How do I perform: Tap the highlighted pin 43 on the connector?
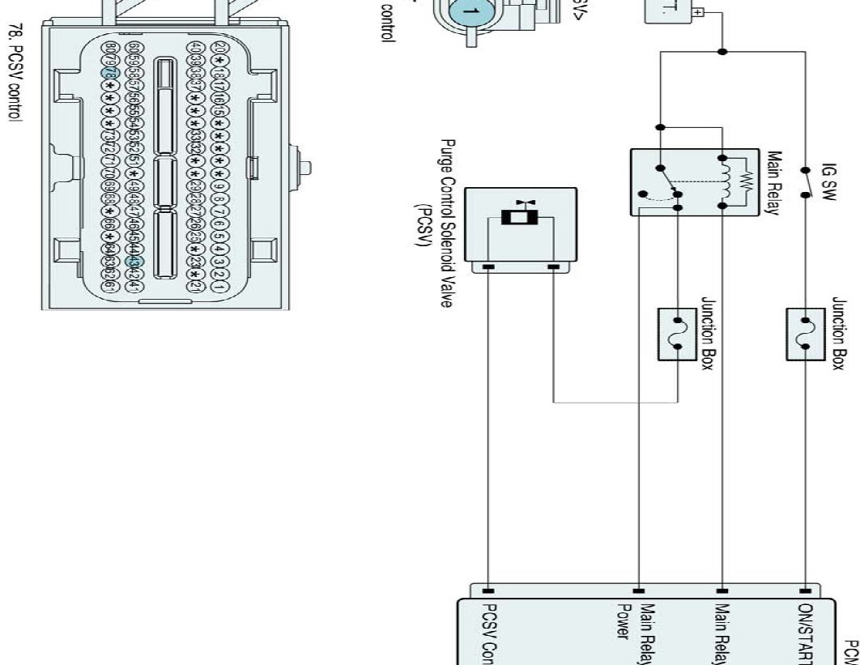136,261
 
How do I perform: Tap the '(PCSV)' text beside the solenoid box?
421,220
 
